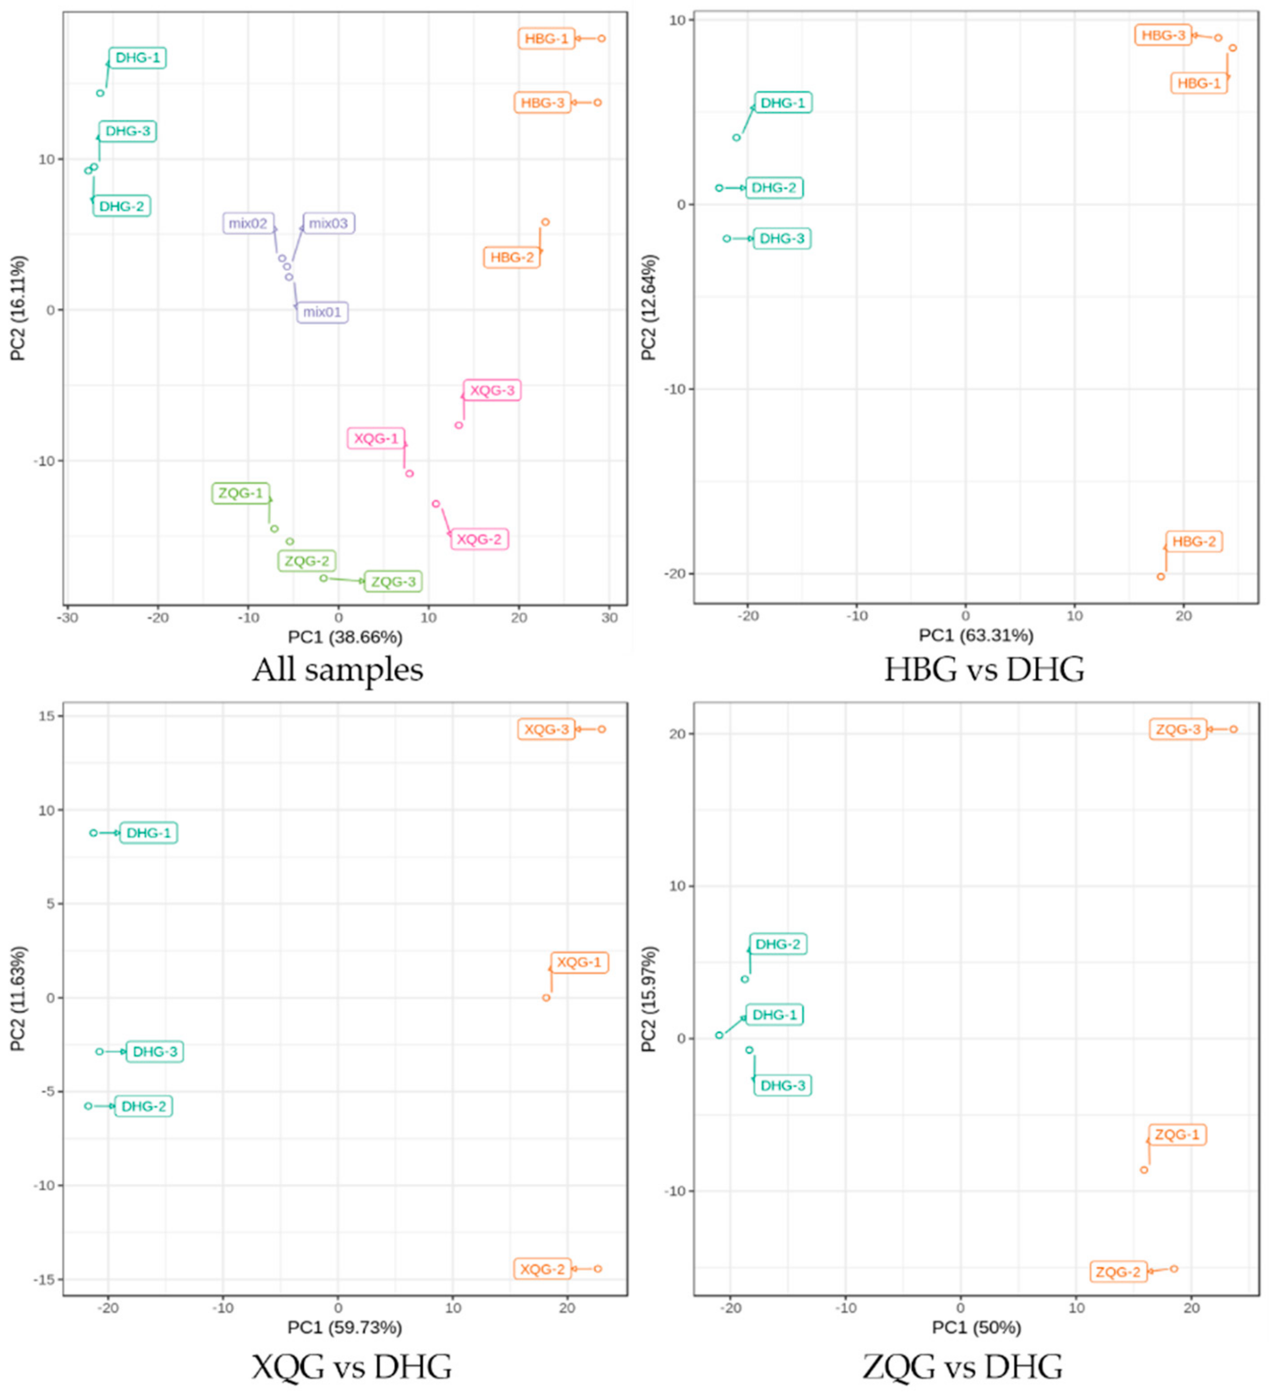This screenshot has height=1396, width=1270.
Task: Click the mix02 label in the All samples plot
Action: pos(248,223)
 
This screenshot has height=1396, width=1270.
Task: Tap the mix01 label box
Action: pos(323,312)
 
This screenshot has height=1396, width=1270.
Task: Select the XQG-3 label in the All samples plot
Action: pos(492,391)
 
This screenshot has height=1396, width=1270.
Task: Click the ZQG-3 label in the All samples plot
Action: pos(393,582)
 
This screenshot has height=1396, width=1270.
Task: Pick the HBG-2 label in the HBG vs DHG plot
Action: pos(1194,541)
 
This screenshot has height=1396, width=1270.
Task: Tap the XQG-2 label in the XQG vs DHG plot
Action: pos(543,1269)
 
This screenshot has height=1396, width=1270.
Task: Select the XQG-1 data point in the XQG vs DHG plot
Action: pos(546,998)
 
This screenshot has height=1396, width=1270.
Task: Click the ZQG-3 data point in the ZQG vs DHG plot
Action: pos(1233,729)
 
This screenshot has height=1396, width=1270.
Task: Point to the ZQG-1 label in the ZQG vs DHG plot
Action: pos(1177,1135)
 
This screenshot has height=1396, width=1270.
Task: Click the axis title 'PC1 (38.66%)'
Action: pos(345,637)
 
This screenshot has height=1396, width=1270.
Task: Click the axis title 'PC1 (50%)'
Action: pos(976,1328)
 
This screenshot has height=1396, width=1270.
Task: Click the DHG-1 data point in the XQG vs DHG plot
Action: pos(93,833)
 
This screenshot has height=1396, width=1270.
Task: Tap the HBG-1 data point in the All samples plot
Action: pos(602,39)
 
